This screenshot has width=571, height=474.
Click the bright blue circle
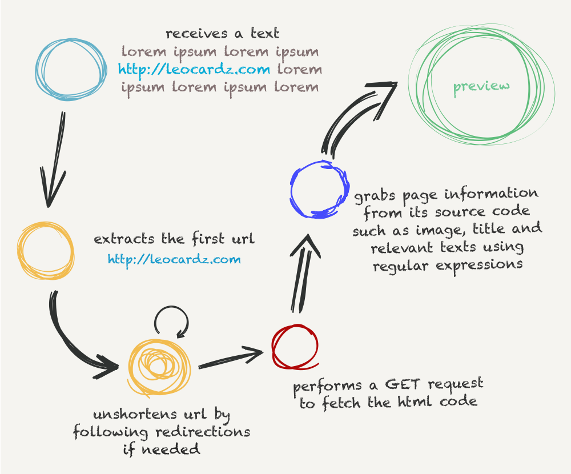pos(292,190)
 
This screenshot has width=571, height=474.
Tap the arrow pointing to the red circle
pos(231,359)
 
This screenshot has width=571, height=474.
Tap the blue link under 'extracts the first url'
pos(174,259)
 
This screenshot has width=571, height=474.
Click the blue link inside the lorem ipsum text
pos(194,69)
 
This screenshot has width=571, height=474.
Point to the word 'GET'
pos(404,385)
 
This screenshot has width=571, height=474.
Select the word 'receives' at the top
pos(196,34)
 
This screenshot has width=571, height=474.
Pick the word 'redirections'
pos(203,432)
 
